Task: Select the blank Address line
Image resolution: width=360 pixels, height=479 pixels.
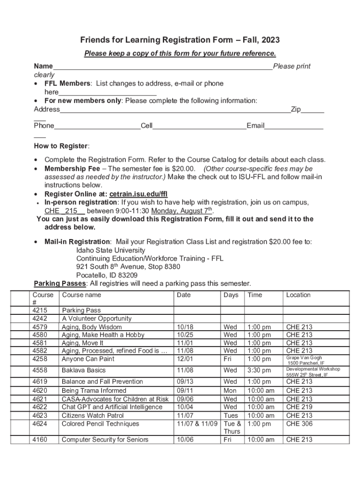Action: (175, 109)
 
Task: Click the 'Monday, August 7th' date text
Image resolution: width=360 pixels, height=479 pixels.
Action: (182, 210)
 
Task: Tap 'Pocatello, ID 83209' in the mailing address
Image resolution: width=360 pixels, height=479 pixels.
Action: (107, 275)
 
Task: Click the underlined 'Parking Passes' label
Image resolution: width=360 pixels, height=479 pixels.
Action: (60, 283)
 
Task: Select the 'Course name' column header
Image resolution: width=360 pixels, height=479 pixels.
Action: (81, 295)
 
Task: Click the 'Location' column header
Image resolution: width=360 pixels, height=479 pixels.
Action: (298, 295)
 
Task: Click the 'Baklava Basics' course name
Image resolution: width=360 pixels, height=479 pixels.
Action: (84, 370)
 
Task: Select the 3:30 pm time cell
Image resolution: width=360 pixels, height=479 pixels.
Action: (259, 370)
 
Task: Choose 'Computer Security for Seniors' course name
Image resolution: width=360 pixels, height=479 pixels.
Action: (105, 440)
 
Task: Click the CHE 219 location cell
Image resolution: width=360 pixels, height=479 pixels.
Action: (299, 407)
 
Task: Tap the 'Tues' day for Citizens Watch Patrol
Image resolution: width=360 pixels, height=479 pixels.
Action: (231, 415)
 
